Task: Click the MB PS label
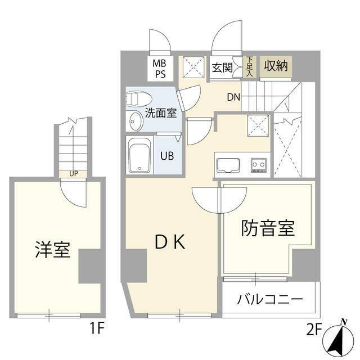tap(160, 69)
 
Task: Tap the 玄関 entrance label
tap(222, 67)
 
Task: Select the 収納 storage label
tap(276, 66)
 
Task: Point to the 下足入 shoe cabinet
tap(250, 66)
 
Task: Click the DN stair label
tap(233, 97)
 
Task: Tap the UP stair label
tap(74, 174)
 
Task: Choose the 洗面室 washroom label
tap(161, 113)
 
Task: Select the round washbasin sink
tap(136, 121)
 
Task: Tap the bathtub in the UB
tap(139, 155)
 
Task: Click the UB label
tap(167, 156)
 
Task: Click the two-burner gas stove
tap(259, 165)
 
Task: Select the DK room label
tap(170, 242)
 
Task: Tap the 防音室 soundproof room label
tap(268, 228)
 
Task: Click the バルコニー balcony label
tap(270, 299)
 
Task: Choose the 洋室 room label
tap(52, 250)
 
